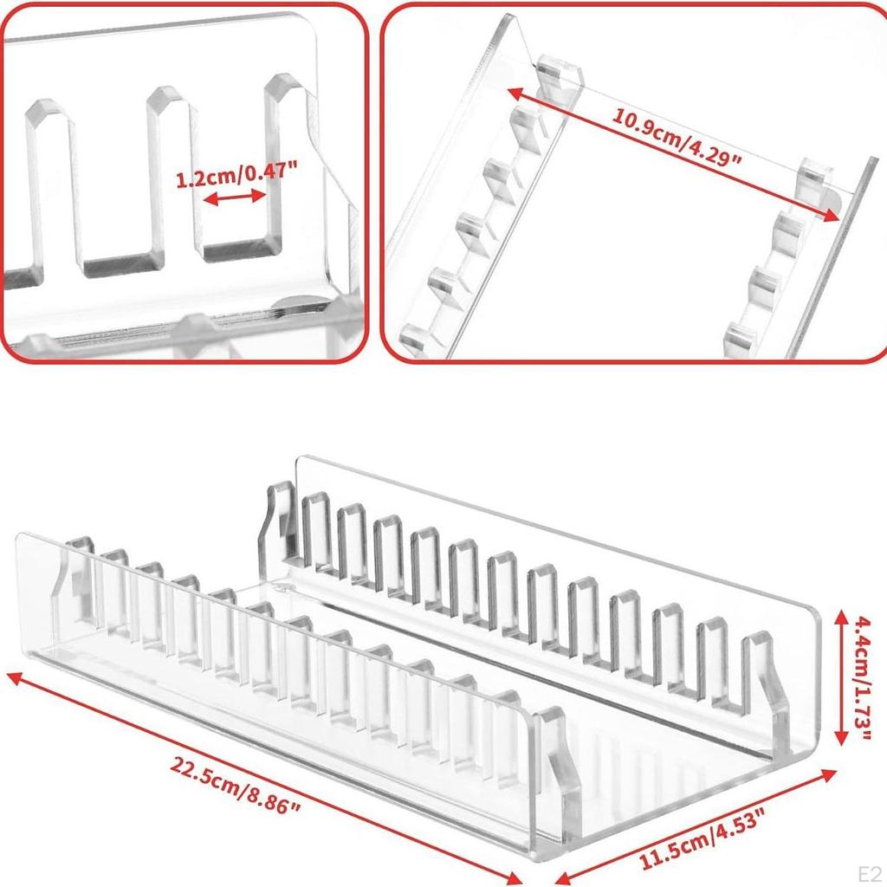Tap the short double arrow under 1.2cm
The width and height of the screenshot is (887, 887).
pos(234,198)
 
